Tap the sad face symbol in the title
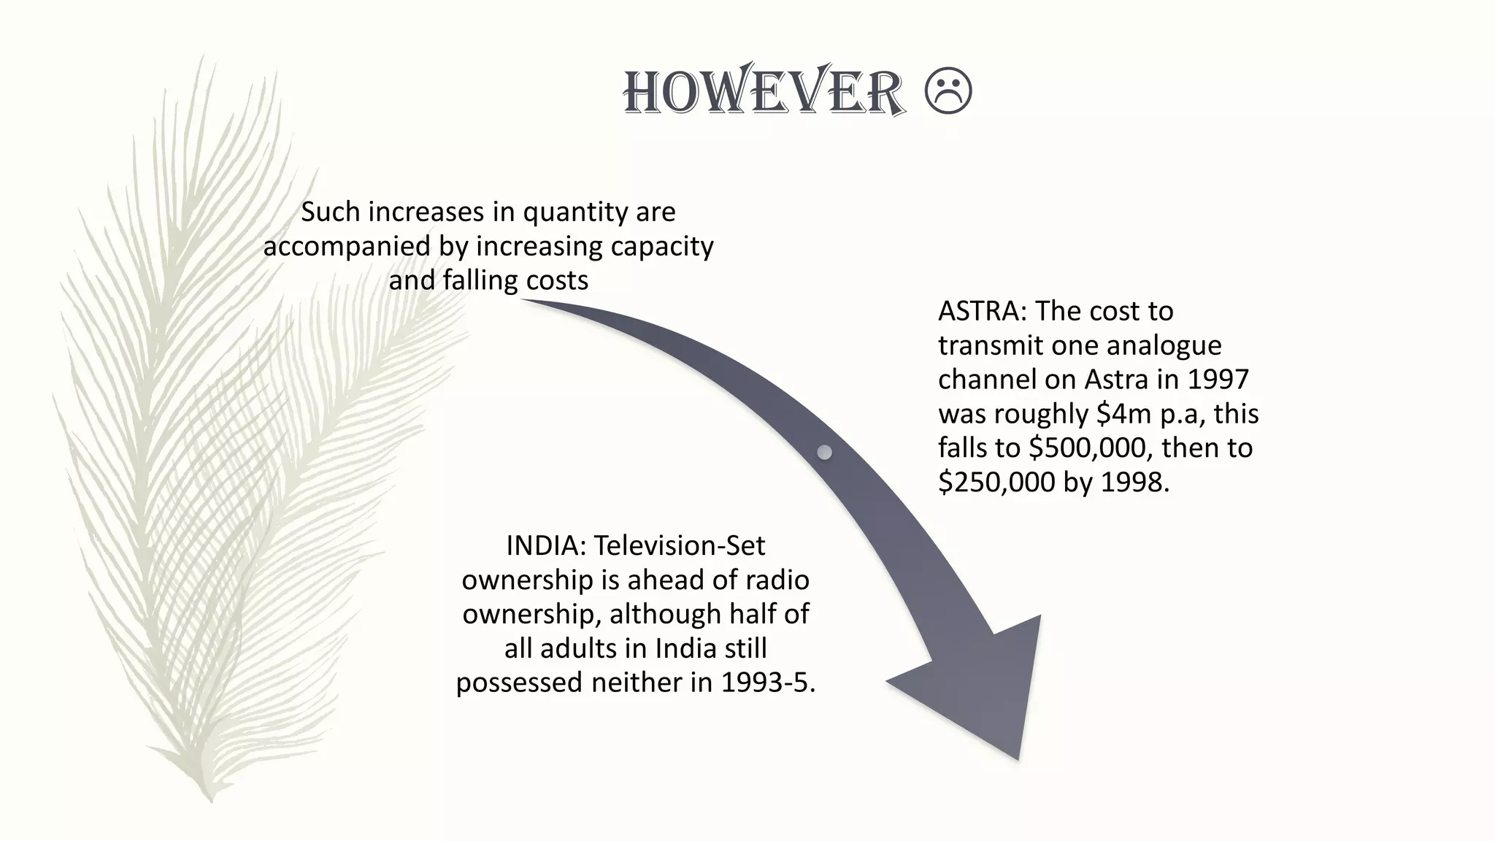pyautogui.click(x=948, y=92)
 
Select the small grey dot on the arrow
pyautogui.click(x=824, y=453)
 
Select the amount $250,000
pyautogui.click(x=997, y=482)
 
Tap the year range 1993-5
pyautogui.click(x=768, y=682)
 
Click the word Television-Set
pyautogui.click(x=679, y=545)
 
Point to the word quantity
pyautogui.click(x=577, y=212)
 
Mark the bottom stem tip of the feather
pyautogui.click(x=211, y=800)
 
